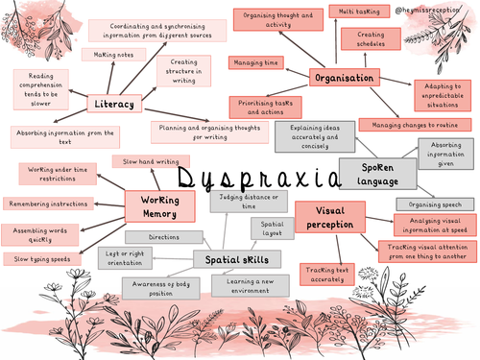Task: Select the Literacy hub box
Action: coord(114,103)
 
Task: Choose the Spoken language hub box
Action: coord(377,174)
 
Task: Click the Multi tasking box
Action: coord(357,11)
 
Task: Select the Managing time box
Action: coord(254,62)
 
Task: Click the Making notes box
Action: coord(113,56)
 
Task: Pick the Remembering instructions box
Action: coord(48,204)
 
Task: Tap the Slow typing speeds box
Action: coord(40,258)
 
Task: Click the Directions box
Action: coord(165,236)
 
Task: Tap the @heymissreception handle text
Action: coord(431,10)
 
